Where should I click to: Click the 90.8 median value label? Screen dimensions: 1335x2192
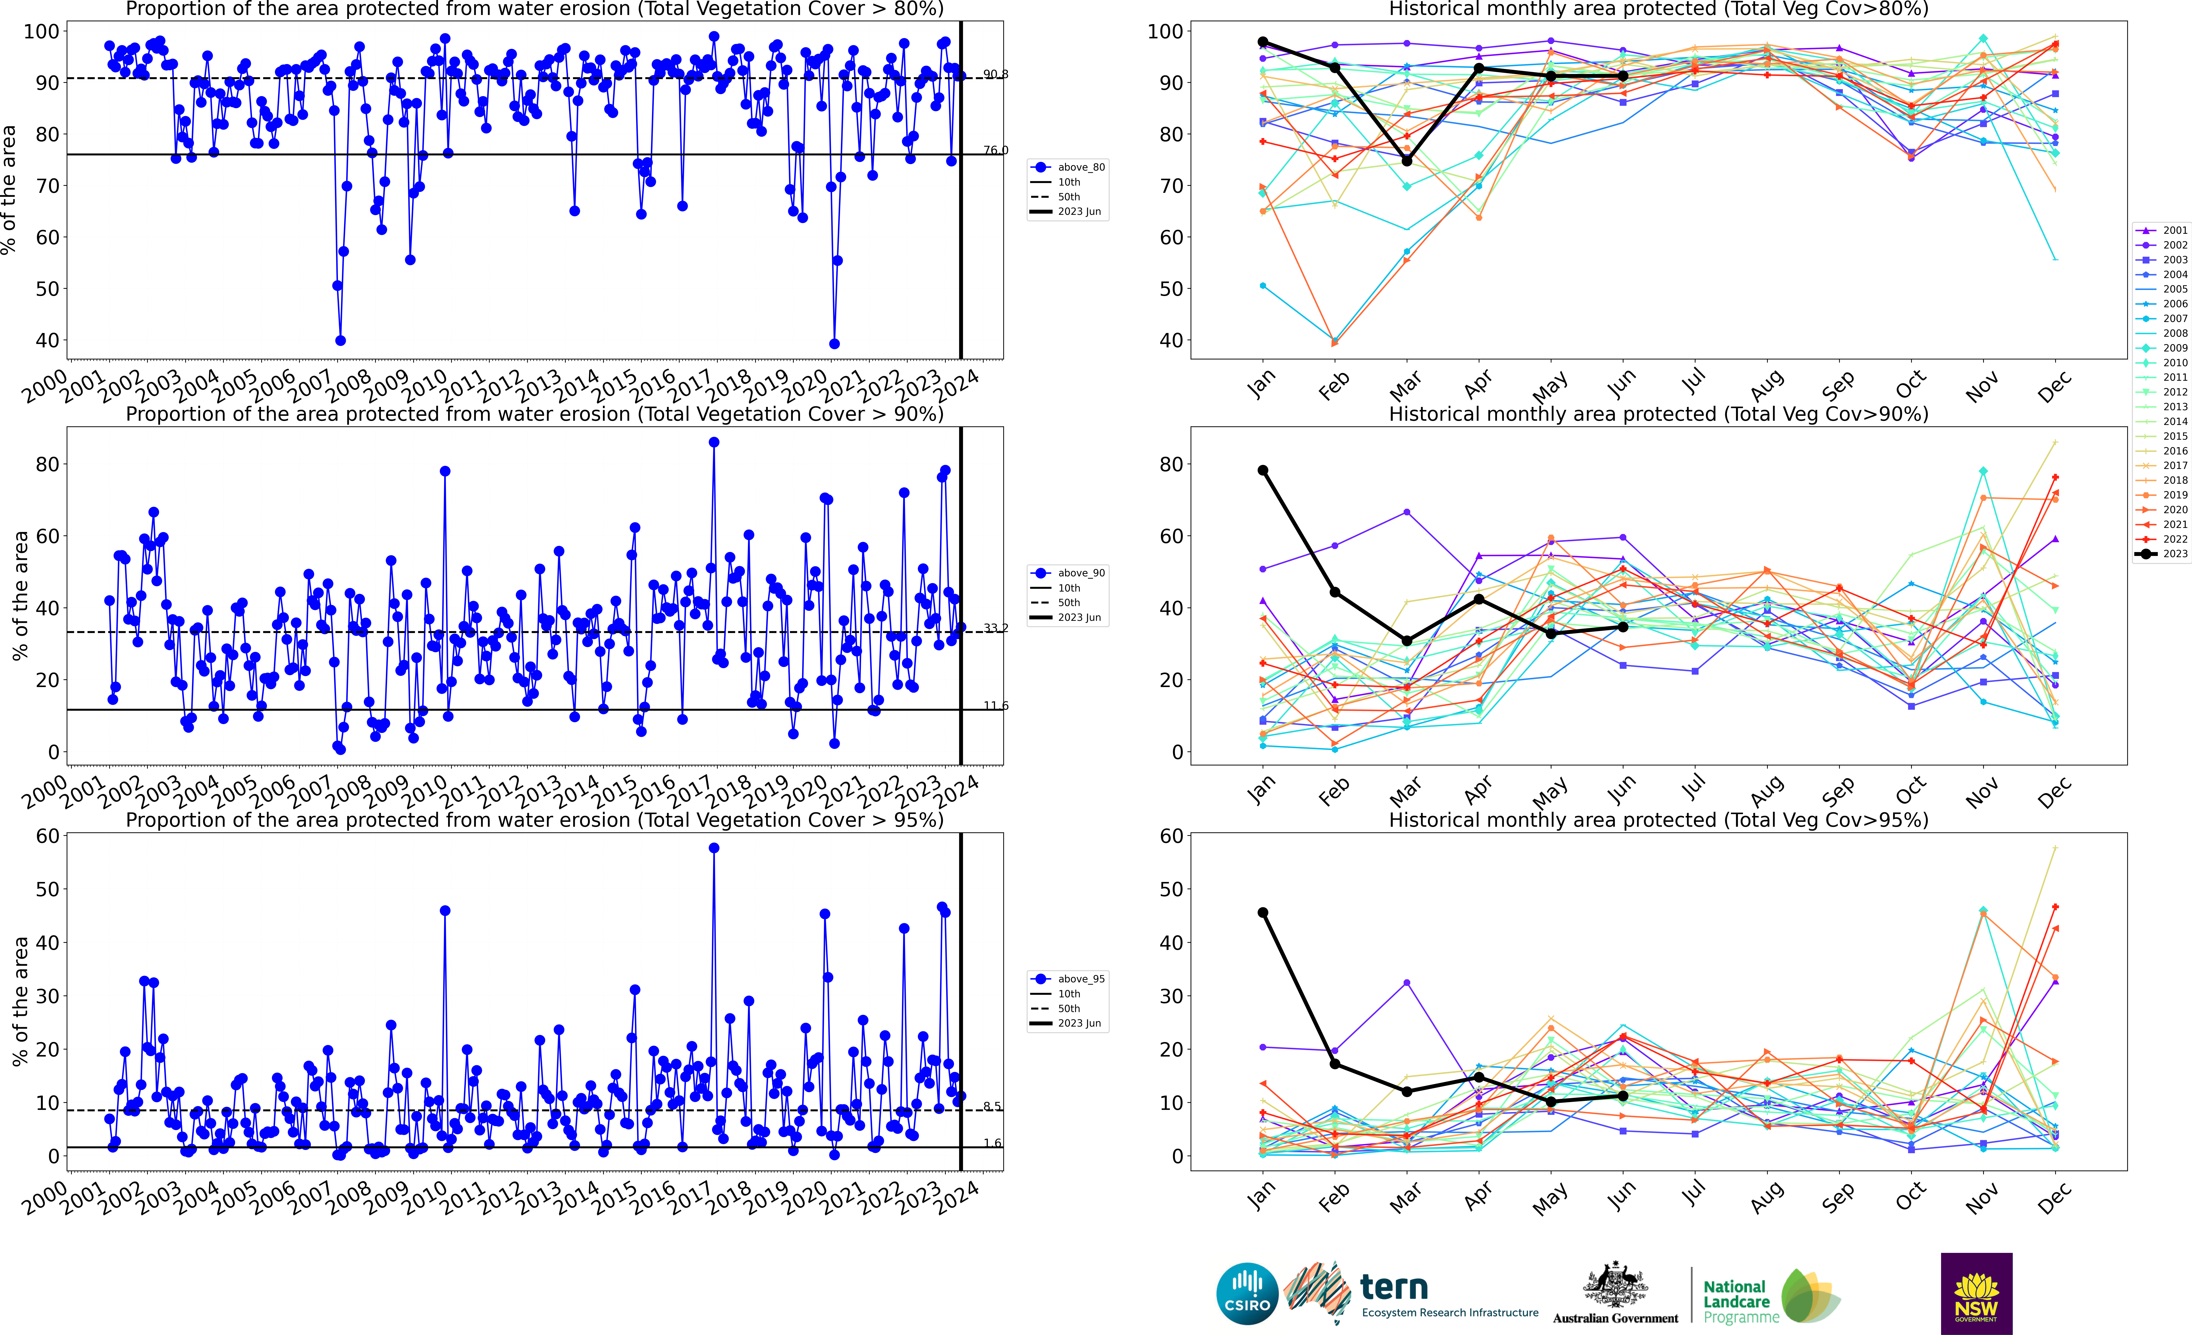(x=996, y=75)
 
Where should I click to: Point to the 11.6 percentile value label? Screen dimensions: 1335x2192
(x=996, y=706)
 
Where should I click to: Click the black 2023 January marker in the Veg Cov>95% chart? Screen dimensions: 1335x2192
(x=1262, y=912)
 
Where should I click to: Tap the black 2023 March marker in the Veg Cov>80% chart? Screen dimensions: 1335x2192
(x=1406, y=161)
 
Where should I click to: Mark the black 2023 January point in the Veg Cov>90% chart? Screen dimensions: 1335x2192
(x=1262, y=470)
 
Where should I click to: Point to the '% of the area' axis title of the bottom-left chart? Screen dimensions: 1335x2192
(x=20, y=1001)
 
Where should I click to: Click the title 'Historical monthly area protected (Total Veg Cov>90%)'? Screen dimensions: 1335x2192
(x=1658, y=414)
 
